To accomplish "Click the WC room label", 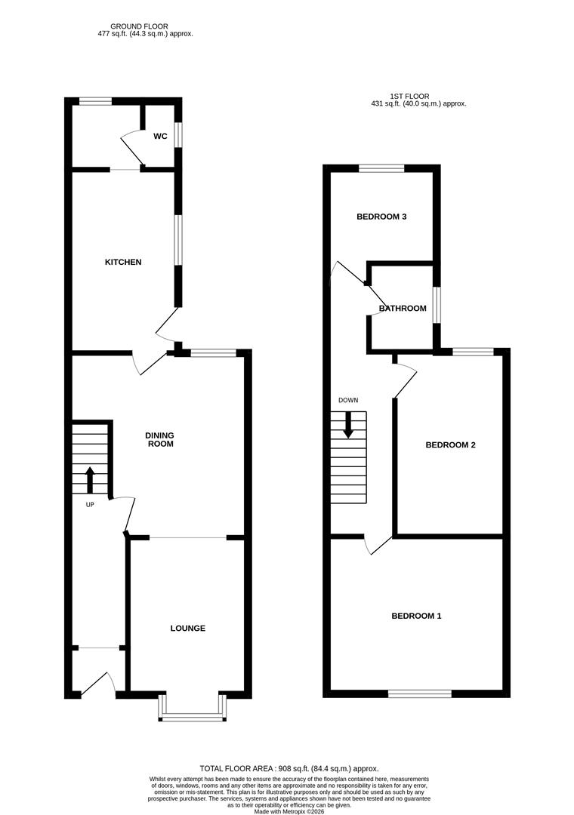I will click(x=160, y=137).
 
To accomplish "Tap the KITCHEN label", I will click(x=123, y=262).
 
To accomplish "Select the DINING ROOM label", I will click(x=160, y=440).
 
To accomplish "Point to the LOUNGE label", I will click(x=187, y=628).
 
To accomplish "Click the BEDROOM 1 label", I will click(x=416, y=616).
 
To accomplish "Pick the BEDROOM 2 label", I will click(x=450, y=445).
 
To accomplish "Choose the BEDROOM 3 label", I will click(x=381, y=217).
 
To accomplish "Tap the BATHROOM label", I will click(x=403, y=308).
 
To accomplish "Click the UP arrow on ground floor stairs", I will click(x=90, y=479).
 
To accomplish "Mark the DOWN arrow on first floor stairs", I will click(x=348, y=424).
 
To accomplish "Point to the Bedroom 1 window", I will click(x=420, y=693).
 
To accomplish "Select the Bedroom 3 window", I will click(x=381, y=168).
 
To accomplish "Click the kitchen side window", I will click(x=178, y=241).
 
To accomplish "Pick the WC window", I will click(x=178, y=134).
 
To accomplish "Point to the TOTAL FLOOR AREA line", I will click(x=289, y=768).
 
